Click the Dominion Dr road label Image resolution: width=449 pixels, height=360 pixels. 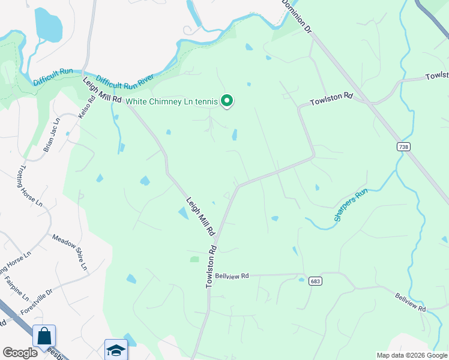pos(298,17)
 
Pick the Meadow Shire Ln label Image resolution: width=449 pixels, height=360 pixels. pos(70,251)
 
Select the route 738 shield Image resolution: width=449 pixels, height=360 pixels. pos(403,146)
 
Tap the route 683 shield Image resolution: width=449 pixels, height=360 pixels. pos(316,281)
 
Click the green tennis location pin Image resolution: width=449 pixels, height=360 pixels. pos(227,101)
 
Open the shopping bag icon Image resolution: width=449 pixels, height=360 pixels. pos(44,336)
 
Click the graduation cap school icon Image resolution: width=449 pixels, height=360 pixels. pos(116,350)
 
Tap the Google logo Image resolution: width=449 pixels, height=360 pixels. pos(19,352)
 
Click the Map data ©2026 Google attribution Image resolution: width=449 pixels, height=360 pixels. pos(411,355)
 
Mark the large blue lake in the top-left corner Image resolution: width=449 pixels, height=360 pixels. pos(47,25)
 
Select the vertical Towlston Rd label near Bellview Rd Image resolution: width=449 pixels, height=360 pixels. pos(211,266)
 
